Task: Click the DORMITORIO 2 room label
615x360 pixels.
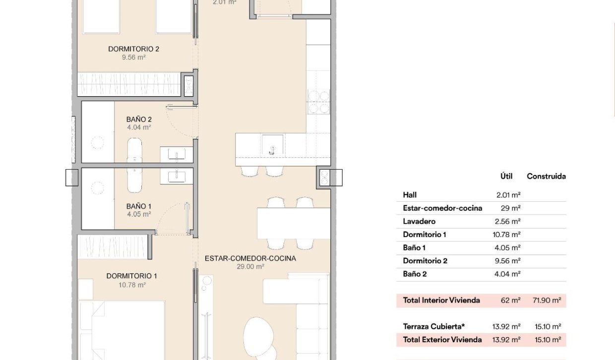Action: (134, 49)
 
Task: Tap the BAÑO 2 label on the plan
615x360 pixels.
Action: (139, 120)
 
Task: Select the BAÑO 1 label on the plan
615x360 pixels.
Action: (139, 206)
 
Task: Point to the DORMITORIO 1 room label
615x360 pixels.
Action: (132, 276)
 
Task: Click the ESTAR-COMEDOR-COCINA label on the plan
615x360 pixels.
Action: (250, 258)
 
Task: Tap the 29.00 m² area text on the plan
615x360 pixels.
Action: (250, 266)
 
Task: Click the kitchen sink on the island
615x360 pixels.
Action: (272, 145)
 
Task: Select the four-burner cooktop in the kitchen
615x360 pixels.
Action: (319, 102)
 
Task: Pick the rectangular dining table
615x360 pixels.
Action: (294, 223)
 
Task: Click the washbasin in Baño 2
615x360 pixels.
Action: (177, 154)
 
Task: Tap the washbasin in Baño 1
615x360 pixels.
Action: (177, 176)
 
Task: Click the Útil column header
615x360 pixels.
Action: (506, 176)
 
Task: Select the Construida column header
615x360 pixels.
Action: (547, 177)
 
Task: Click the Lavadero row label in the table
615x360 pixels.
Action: (419, 221)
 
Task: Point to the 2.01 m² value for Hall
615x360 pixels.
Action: (508, 195)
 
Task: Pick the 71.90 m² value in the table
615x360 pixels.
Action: (547, 300)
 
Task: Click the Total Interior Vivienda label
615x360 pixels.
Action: (441, 300)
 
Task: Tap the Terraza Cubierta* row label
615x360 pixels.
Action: (434, 326)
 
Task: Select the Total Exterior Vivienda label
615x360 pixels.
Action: (442, 340)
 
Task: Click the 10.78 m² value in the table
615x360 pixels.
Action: (506, 235)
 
